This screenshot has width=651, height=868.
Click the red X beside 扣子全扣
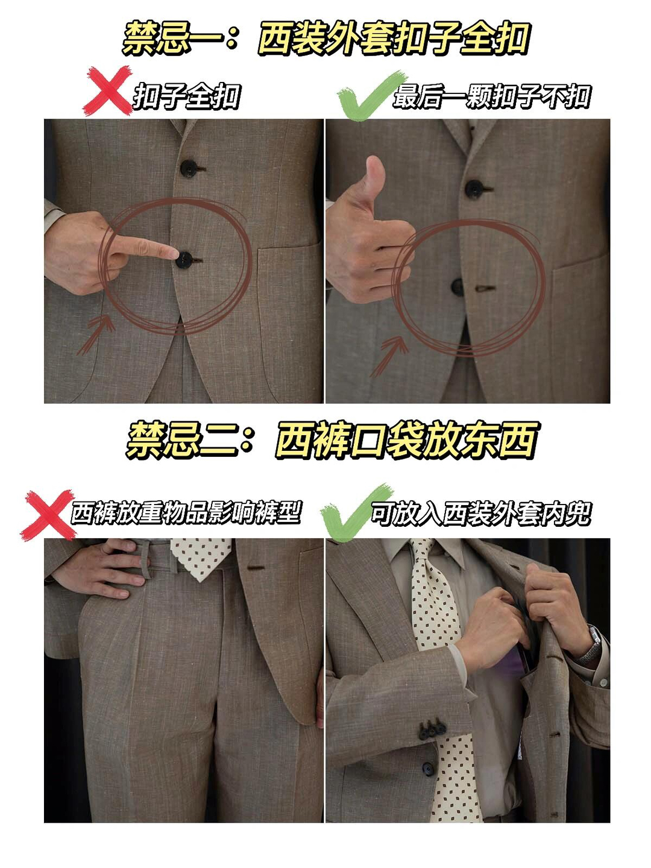tap(107, 90)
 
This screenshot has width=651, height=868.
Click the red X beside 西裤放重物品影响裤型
tap(49, 515)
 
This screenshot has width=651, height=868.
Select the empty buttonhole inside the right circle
tap(485, 289)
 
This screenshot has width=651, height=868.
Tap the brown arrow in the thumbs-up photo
tap(389, 356)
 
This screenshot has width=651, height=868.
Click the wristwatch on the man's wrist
tap(590, 644)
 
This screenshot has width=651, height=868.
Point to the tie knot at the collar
tap(423, 553)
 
